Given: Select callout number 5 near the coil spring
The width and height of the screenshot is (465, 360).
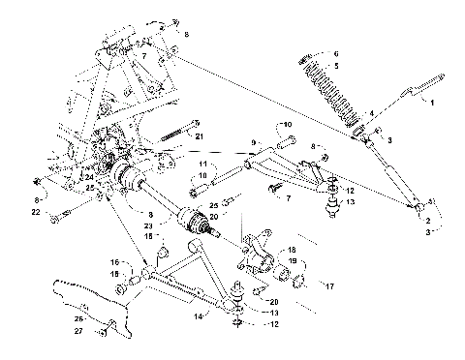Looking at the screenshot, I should (336, 66).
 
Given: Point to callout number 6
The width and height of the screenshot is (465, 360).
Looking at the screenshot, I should (336, 52).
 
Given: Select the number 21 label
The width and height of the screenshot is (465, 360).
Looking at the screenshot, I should (201, 136).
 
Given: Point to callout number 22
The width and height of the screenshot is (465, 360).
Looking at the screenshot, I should (36, 211).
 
